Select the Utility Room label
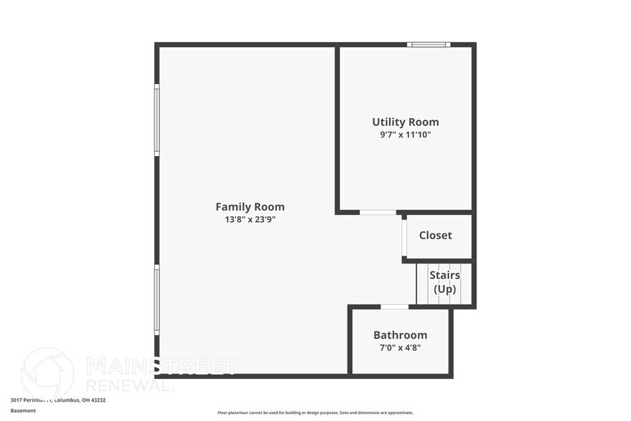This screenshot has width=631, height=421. tap(405, 122)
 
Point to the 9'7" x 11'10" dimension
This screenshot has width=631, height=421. tap(405, 135)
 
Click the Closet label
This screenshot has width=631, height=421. tap(435, 236)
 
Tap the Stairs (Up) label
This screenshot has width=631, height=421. tap(444, 282)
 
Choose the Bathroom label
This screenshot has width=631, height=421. tap(400, 335)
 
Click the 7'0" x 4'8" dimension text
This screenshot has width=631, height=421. tap(400, 348)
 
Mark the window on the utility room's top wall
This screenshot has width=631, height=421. tap(429, 45)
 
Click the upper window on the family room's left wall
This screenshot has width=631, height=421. tap(157, 120)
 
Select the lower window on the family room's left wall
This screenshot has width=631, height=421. tap(157, 299)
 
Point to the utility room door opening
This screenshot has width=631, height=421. tap(377, 212)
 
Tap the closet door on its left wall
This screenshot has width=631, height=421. tap(404, 237)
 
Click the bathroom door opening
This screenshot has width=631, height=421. tap(394, 307)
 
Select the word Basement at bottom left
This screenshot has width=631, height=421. tap(23, 410)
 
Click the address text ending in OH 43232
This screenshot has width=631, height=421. tap(58, 400)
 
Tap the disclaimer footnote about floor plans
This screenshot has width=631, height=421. tap(315, 412)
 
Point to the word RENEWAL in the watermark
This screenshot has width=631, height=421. tap(129, 384)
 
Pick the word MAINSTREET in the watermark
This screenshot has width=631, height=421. tap(162, 366)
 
